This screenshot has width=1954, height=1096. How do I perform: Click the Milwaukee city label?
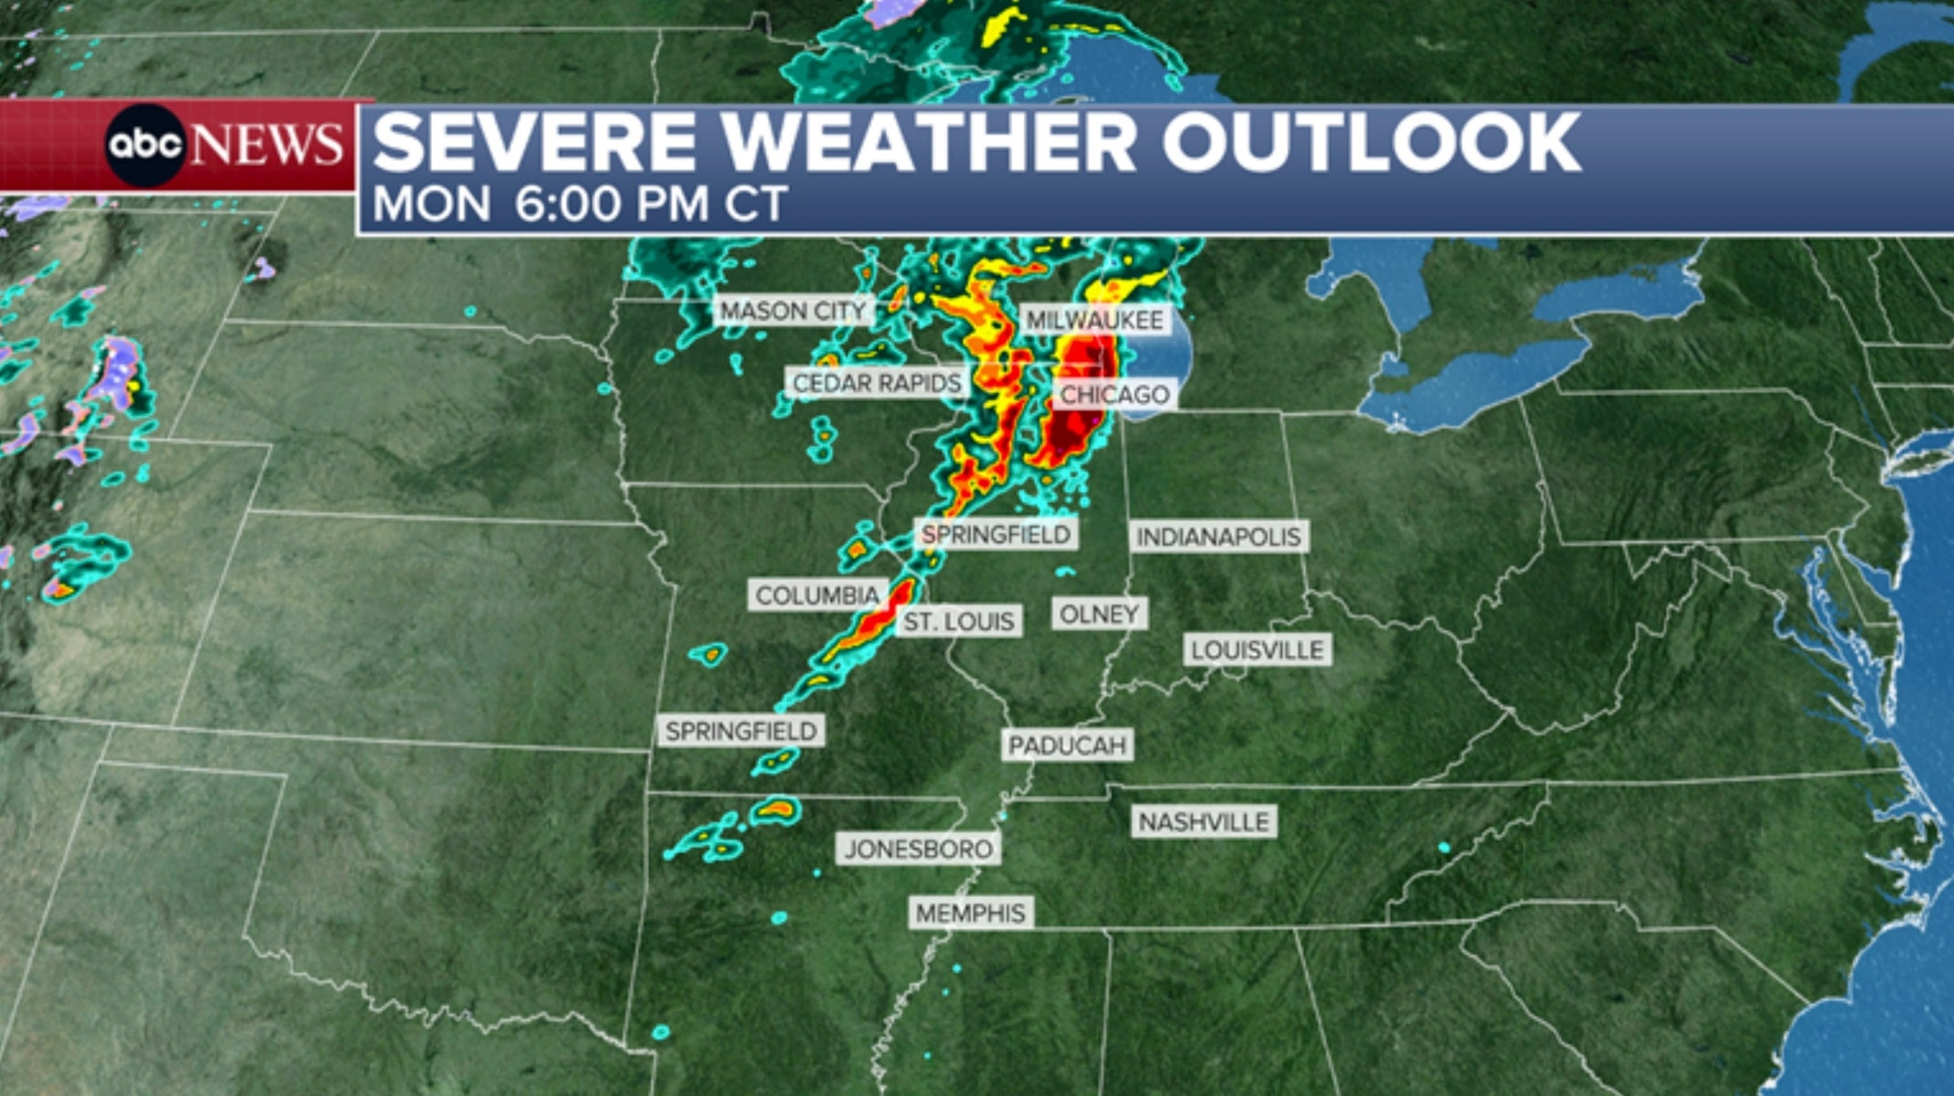coord(1095,320)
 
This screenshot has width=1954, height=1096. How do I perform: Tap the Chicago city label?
coord(1114,394)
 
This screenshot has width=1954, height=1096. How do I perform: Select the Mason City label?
coord(793,311)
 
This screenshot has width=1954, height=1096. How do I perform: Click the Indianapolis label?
coord(1218,537)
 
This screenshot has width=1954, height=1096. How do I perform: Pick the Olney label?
coord(1099,614)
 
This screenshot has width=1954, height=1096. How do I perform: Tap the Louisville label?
coord(1257,650)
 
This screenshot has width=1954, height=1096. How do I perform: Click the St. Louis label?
coord(959,621)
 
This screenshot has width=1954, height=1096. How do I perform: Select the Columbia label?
coord(817,595)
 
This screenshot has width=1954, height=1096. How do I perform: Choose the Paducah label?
coord(1067,746)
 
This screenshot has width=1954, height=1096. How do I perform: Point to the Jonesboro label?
coord(918,849)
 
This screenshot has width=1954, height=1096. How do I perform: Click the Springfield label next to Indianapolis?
coord(996,535)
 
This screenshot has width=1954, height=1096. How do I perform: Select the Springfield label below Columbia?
coord(741,731)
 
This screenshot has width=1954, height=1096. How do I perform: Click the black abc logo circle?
coord(145,145)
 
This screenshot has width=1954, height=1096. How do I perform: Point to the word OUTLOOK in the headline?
coord(1371,142)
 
